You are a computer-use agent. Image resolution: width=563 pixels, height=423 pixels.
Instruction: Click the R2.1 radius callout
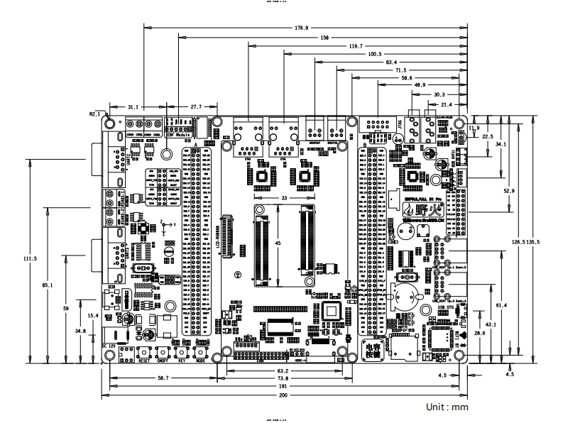[x=94, y=113]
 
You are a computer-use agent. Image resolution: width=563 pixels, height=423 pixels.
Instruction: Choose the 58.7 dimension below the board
[x=164, y=380]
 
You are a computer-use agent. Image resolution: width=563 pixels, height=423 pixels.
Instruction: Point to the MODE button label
[x=201, y=361]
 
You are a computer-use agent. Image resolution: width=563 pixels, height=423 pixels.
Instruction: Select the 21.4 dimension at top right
[x=455, y=104]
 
